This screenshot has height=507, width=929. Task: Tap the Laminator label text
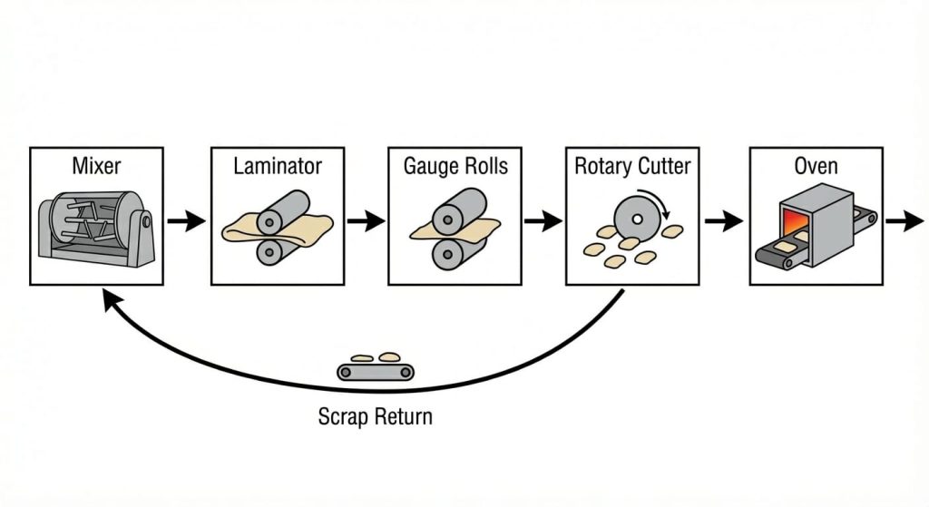[278, 167]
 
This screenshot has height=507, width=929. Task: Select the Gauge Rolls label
[455, 167]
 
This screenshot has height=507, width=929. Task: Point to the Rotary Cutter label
[632, 167]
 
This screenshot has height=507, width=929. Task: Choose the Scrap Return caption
[376, 417]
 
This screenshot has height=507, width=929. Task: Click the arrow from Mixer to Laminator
[188, 220]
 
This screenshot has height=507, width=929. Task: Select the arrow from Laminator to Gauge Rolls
[366, 220]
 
